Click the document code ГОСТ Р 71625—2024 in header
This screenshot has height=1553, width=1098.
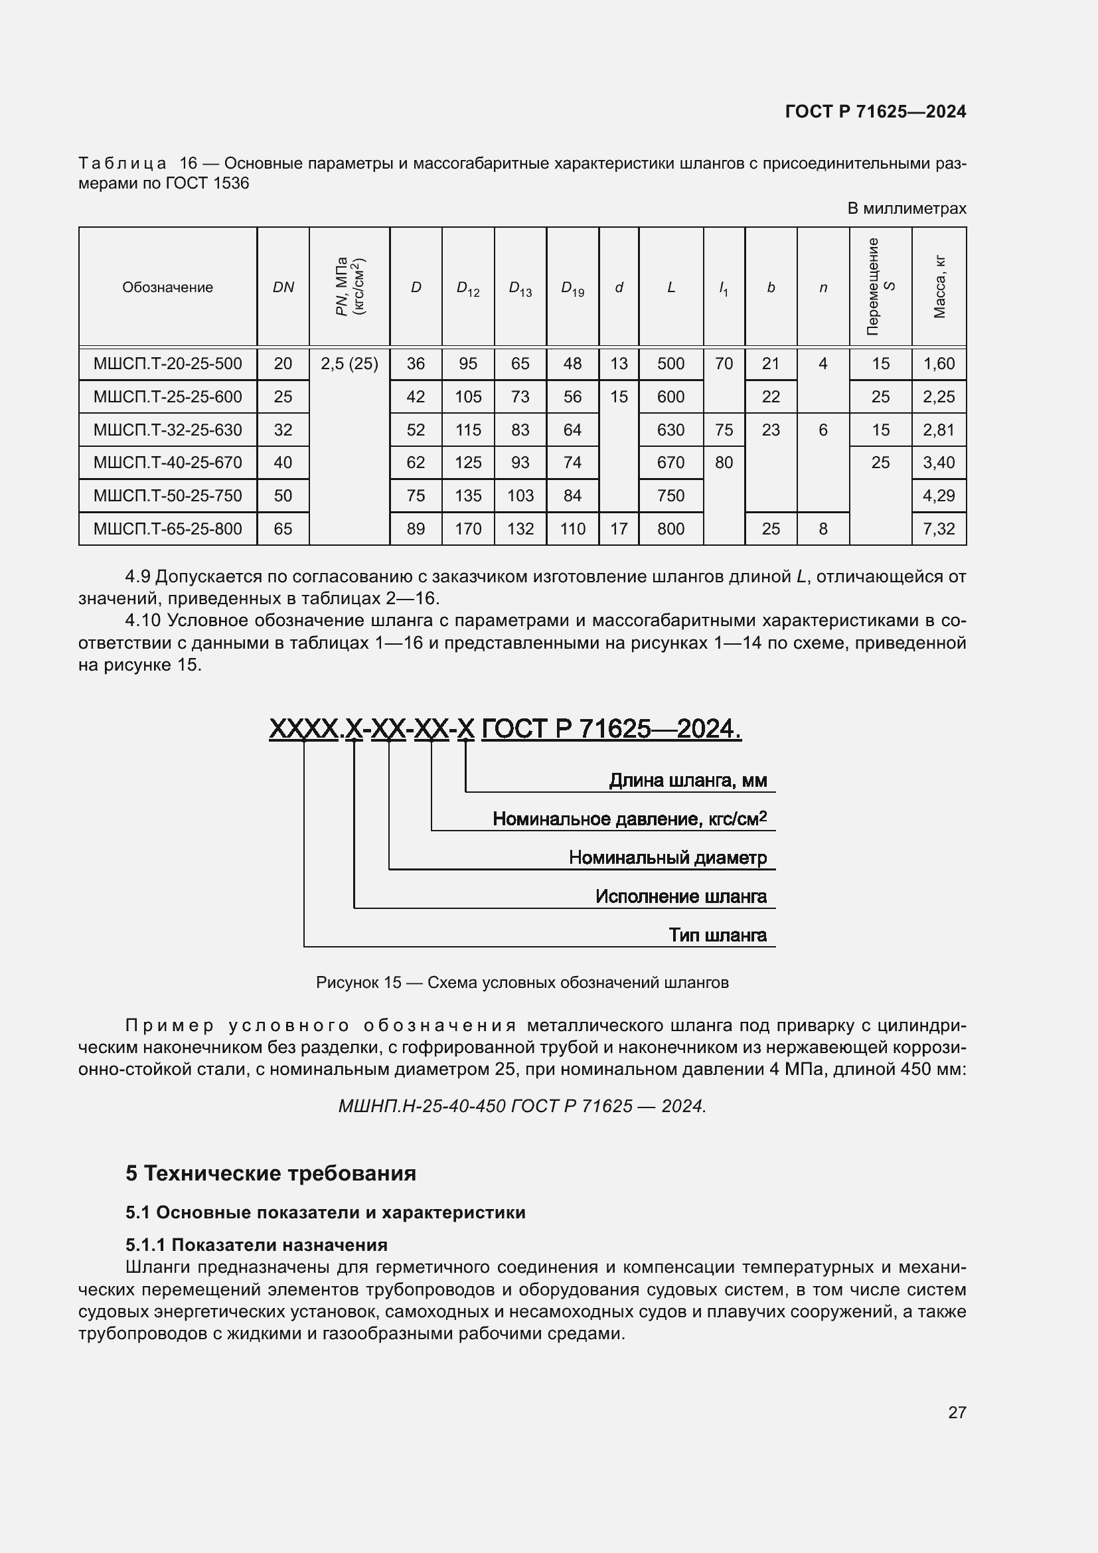click(x=875, y=112)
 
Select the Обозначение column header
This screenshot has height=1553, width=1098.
click(x=167, y=287)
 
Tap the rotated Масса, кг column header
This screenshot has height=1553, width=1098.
click(x=939, y=287)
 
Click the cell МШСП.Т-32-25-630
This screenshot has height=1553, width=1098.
click(x=167, y=430)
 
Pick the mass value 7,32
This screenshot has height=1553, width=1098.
click(x=939, y=529)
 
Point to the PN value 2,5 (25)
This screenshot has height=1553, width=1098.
click(x=349, y=364)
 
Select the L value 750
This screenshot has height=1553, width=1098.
click(x=670, y=496)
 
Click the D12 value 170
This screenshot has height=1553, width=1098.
click(x=468, y=529)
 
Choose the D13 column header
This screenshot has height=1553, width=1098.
click(x=520, y=288)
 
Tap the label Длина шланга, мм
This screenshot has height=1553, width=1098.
click(x=688, y=781)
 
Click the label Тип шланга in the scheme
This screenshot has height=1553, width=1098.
click(x=718, y=936)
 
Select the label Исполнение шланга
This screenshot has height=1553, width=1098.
click(x=681, y=897)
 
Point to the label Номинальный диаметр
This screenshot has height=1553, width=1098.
click(x=667, y=858)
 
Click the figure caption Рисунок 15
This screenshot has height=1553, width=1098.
click(x=521, y=983)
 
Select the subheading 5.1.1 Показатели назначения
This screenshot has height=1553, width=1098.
click(x=256, y=1245)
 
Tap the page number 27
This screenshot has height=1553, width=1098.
click(x=957, y=1412)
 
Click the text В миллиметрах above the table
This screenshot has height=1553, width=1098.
click(x=906, y=208)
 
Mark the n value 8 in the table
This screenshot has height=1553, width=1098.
click(x=823, y=529)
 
